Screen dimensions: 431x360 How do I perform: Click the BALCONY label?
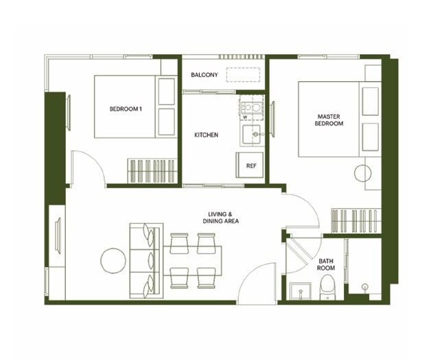205,75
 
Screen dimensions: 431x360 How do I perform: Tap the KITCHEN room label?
206,135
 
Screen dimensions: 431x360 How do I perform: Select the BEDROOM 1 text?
126,109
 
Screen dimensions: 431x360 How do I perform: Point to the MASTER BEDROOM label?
329,120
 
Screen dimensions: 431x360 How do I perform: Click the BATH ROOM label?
326,265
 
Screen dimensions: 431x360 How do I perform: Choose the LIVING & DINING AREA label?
220,217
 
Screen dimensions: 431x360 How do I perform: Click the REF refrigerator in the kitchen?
250,165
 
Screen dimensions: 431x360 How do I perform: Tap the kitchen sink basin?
251,135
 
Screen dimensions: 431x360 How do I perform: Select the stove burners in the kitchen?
252,107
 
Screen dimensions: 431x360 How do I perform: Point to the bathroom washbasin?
301,291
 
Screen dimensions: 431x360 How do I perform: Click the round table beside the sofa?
113,260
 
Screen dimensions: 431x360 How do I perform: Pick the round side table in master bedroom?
363,173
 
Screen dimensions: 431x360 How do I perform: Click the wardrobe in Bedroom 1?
152,170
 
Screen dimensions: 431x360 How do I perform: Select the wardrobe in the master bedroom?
356,221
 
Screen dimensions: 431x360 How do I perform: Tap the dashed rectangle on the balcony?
243,75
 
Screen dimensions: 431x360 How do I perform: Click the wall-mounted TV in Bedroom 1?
69,112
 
